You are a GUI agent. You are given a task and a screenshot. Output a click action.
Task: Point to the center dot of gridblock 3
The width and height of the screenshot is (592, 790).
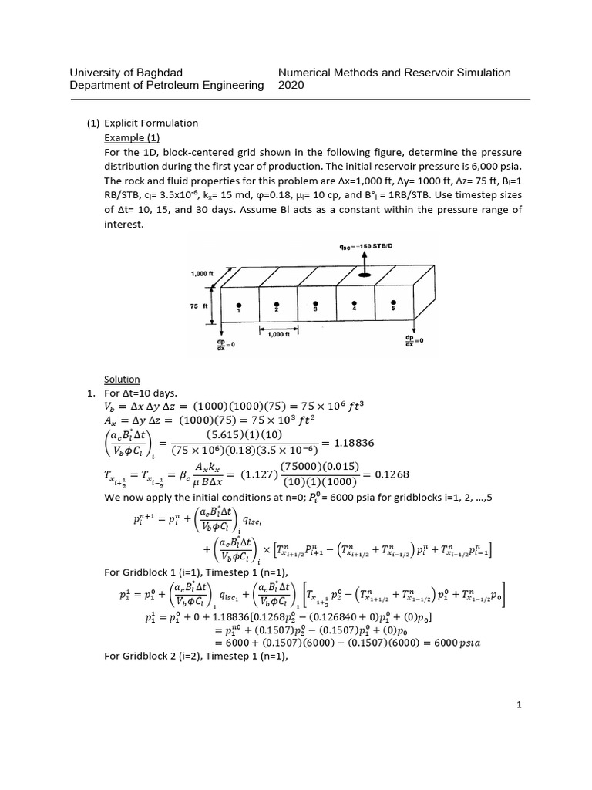[315, 306]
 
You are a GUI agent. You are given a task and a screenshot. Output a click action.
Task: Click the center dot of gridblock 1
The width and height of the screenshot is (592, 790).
[239, 306]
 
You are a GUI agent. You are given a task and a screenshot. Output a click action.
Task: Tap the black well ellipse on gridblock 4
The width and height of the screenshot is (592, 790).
[364, 275]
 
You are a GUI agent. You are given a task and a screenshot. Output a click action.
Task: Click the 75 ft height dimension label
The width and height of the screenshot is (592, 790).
[199, 306]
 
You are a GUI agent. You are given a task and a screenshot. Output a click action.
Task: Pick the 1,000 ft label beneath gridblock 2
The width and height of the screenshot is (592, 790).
[277, 334]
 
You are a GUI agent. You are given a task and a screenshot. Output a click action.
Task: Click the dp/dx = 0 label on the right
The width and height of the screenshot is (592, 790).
[415, 340]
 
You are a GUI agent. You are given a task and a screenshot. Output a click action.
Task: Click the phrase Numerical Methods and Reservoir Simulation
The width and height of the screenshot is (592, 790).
[394, 73]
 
